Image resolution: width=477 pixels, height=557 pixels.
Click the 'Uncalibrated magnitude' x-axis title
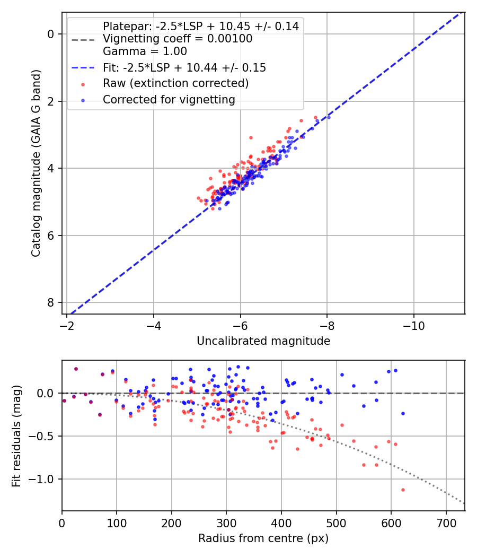pos(263,341)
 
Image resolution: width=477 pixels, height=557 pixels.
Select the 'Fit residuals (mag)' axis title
pos(16,436)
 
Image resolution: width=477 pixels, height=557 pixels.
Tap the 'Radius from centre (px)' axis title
pos(263,538)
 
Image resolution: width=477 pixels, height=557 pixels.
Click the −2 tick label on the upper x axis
pos(67,325)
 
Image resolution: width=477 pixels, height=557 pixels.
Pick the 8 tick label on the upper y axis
pos(51,302)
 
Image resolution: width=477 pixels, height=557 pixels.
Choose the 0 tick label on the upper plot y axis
pos(51,34)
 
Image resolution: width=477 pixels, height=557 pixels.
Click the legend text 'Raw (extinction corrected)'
pos(175,83)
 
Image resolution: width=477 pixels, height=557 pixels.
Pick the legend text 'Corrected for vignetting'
pos(169,99)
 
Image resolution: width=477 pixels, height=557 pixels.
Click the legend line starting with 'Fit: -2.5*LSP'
pos(184,67)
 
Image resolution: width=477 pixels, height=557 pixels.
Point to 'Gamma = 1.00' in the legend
pos(145,51)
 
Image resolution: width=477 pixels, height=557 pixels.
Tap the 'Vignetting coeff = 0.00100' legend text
pos(178,39)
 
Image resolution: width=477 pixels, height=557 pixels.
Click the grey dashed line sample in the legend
pos(83,39)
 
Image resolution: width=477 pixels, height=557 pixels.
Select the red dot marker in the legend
pos(83,84)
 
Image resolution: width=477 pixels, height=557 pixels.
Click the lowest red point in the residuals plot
pos(403,490)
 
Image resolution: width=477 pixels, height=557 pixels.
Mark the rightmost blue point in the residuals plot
pos(403,413)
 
